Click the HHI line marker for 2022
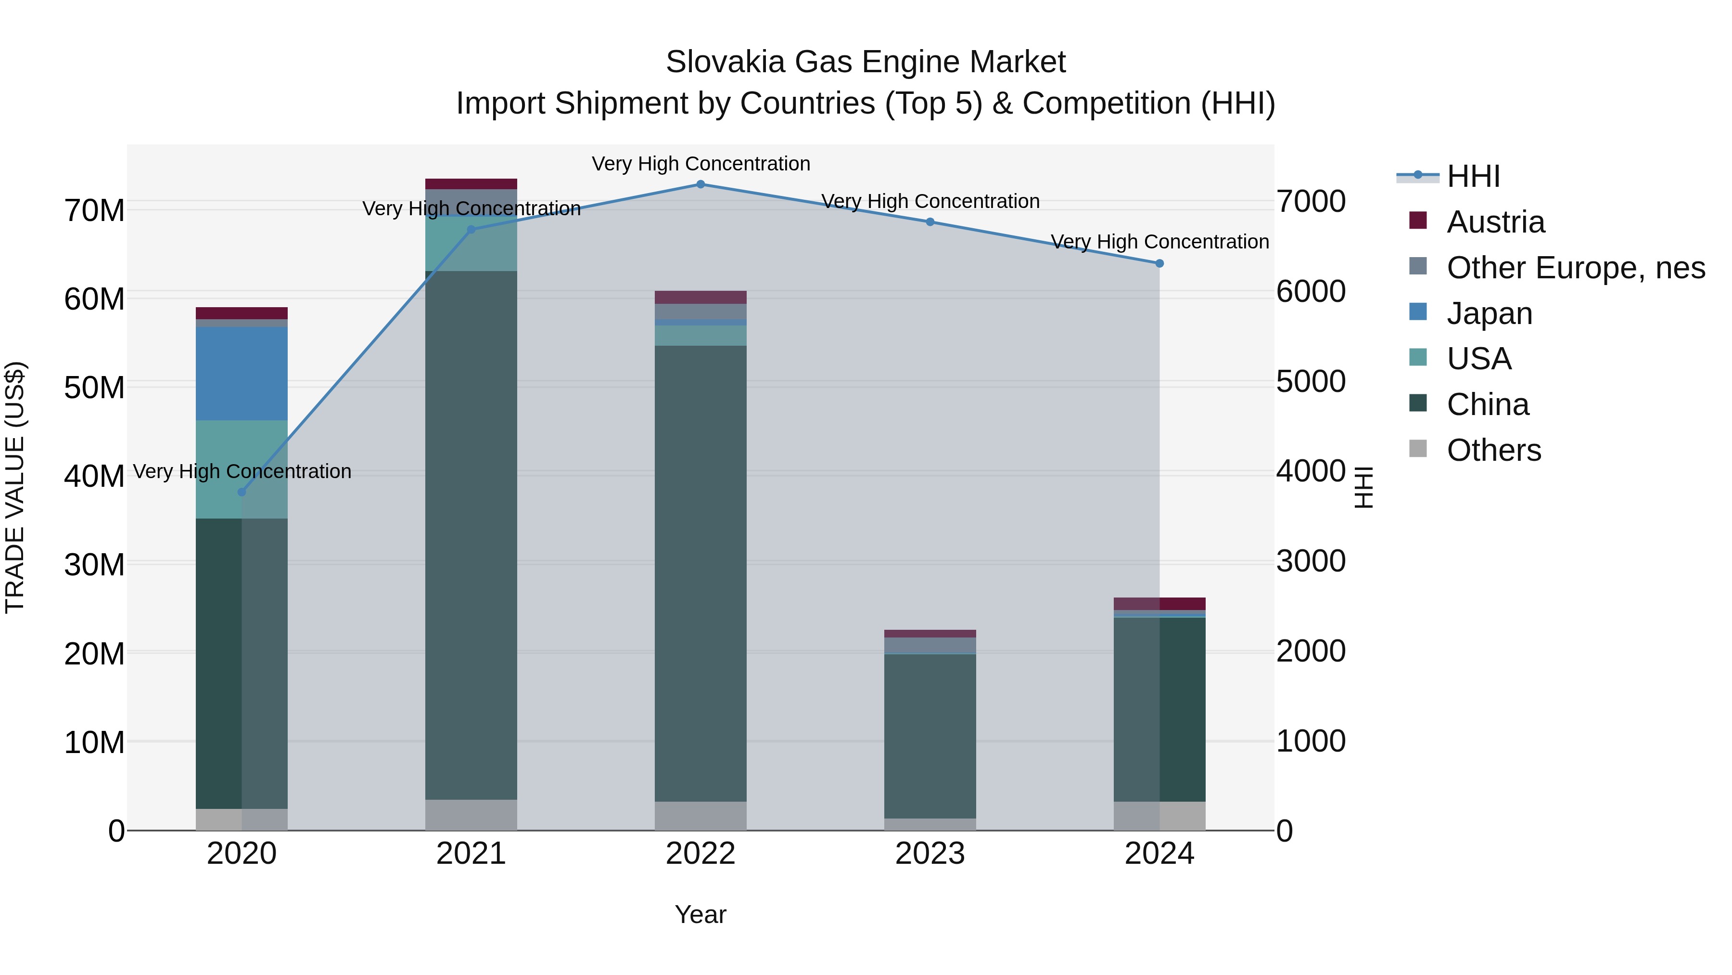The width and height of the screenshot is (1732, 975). tap(700, 184)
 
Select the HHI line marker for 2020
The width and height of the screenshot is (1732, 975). tap(242, 492)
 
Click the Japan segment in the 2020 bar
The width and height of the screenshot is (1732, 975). tap(242, 374)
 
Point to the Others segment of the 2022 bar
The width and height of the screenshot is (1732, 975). tap(700, 816)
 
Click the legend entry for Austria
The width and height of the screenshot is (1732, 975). tap(1495, 222)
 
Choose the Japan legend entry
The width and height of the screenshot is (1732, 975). tap(1489, 313)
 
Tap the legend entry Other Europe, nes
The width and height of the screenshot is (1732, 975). tap(1575, 268)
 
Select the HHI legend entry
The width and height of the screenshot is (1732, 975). tap(1473, 176)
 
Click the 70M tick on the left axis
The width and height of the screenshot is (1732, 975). tap(94, 210)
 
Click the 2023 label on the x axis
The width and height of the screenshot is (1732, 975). tap(930, 854)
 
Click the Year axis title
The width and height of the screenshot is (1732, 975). tap(700, 914)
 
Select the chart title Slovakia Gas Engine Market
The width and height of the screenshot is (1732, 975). tap(866, 62)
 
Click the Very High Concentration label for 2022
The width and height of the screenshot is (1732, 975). tap(700, 164)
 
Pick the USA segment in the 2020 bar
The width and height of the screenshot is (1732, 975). tap(242, 469)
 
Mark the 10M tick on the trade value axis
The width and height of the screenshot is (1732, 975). tap(94, 742)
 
